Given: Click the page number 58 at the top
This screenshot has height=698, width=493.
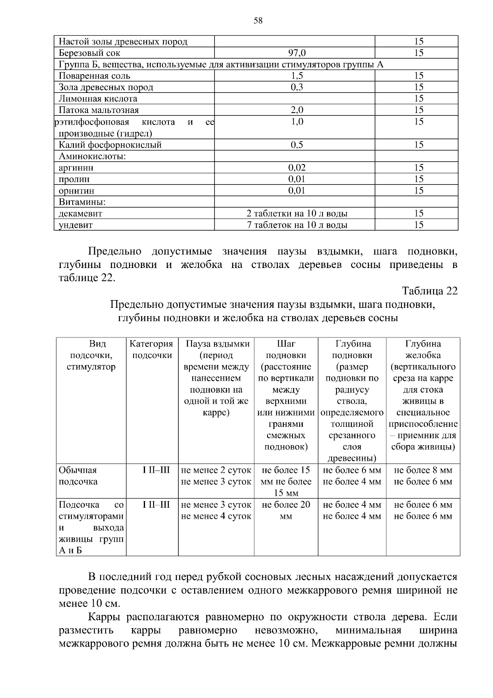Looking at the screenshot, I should click(258, 21).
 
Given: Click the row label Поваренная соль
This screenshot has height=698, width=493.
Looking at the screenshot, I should click(94, 76).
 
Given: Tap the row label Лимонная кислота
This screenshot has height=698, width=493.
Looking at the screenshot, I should click(98, 99).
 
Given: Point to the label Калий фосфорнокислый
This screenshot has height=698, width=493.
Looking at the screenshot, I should click(110, 145).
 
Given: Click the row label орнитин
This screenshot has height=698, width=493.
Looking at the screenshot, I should click(76, 191).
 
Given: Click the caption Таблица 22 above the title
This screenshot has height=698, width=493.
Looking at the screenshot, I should click(430, 291).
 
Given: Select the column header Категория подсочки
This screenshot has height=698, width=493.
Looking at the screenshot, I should click(152, 349).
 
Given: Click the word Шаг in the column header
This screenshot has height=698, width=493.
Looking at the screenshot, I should click(286, 344).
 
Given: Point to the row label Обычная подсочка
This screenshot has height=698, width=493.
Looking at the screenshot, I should click(78, 476).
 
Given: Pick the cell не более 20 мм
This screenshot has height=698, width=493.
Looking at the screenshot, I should click(286, 510).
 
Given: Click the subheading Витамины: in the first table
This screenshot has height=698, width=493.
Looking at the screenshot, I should click(82, 202).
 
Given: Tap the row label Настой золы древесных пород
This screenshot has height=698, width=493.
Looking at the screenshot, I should click(123, 42).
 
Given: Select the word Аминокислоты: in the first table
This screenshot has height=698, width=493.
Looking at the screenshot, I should click(92, 156).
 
